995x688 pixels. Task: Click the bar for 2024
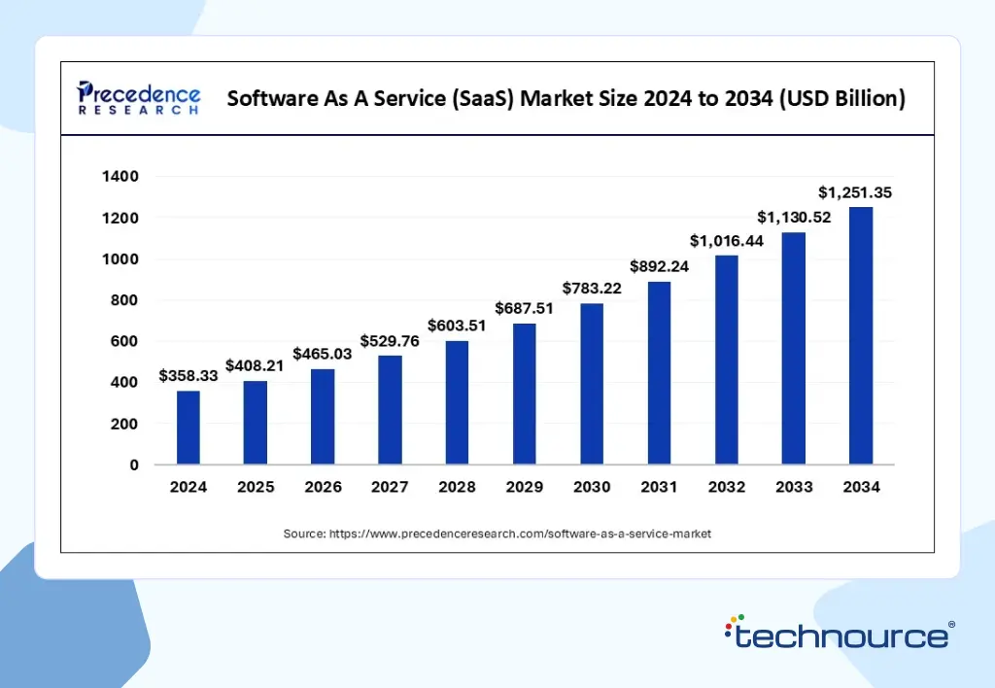[x=189, y=428]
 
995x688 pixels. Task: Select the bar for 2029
[x=525, y=394]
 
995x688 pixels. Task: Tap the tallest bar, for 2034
[x=861, y=335]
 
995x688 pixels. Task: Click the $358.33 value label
[x=189, y=376]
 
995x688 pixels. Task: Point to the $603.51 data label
[x=458, y=325]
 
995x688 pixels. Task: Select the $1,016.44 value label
[x=727, y=240]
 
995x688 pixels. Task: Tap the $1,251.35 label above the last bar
[x=854, y=192]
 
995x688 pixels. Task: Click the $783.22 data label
[x=592, y=288]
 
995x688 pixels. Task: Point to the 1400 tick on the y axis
[x=120, y=177]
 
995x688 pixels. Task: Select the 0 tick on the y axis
[x=134, y=464]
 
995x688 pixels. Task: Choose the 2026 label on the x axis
[x=323, y=488]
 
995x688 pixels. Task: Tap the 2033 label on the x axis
[x=794, y=488]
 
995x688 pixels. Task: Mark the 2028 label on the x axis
[x=458, y=488]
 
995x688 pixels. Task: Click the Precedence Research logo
[x=139, y=98]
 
